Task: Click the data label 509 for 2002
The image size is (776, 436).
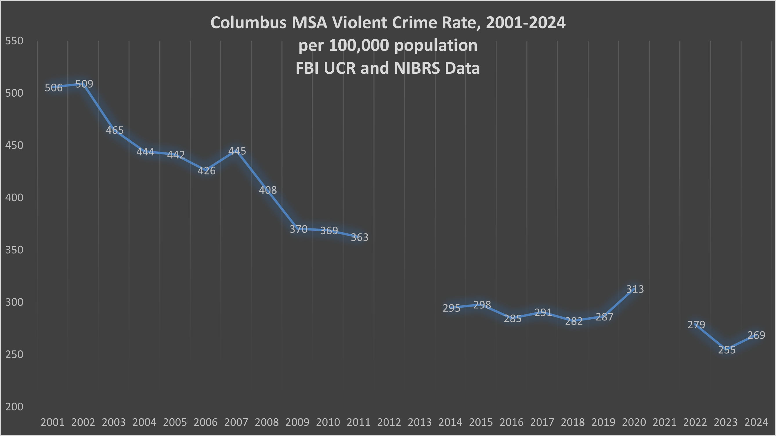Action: click(x=84, y=84)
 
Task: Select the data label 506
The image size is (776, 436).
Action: click(x=54, y=88)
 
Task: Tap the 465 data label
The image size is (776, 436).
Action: click(x=115, y=130)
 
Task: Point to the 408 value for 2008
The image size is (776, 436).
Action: click(x=268, y=190)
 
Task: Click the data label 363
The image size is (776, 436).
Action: click(x=359, y=237)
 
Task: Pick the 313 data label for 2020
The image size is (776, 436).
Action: click(x=635, y=289)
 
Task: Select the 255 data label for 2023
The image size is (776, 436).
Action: click(x=727, y=350)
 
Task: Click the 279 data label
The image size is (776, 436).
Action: click(x=696, y=325)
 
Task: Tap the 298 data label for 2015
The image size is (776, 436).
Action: click(x=482, y=305)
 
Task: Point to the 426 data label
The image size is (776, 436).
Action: click(x=206, y=171)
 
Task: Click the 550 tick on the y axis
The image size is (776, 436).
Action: click(x=14, y=41)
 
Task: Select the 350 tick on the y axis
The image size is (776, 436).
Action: click(x=14, y=250)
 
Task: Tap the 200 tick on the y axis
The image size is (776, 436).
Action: click(x=14, y=407)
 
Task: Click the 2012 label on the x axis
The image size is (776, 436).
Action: click(x=389, y=422)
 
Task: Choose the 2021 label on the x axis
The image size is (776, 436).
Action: click(x=664, y=422)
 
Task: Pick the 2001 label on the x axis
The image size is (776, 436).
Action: click(x=53, y=422)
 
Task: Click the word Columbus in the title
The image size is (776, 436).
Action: click(x=248, y=23)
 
